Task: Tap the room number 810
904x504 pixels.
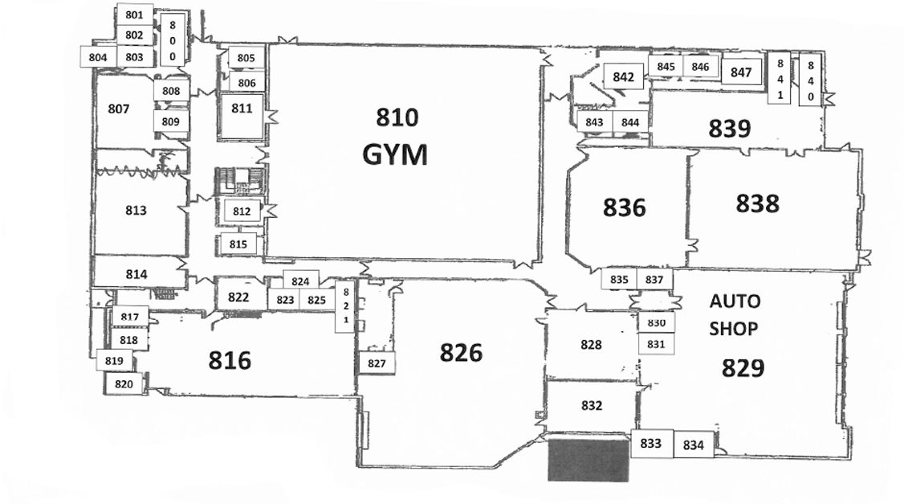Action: click(397, 118)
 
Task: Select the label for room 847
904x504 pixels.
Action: click(741, 72)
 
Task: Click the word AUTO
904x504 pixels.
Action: click(735, 301)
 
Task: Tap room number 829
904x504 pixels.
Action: click(742, 368)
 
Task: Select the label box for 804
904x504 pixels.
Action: click(98, 57)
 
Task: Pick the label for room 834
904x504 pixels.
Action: click(693, 445)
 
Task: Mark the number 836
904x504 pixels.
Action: click(624, 207)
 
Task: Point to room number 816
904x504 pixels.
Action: click(230, 360)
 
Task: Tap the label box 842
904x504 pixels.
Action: click(624, 78)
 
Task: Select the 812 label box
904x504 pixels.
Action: click(242, 211)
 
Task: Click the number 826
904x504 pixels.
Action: click(462, 352)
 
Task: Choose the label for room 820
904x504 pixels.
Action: click(124, 384)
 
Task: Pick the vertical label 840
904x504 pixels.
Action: click(811, 80)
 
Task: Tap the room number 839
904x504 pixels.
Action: click(729, 128)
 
